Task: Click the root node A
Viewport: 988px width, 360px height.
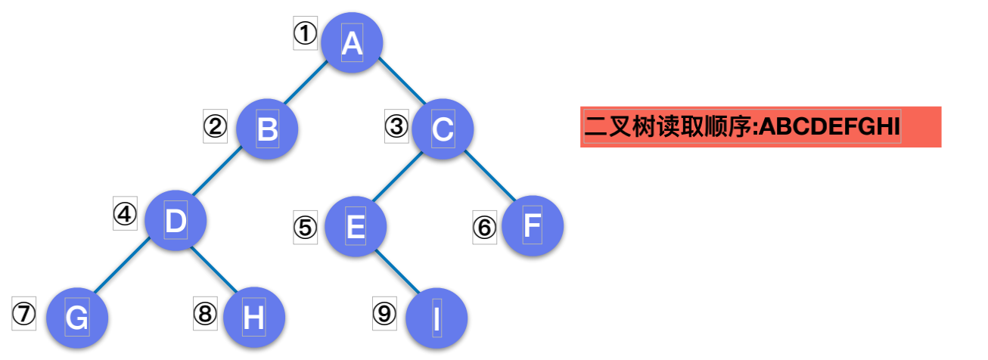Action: click(352, 44)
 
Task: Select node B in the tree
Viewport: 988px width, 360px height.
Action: click(267, 129)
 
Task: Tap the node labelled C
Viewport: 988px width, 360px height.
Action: click(443, 129)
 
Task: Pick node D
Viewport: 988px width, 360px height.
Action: click(176, 221)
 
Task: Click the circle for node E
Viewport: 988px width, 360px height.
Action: click(356, 225)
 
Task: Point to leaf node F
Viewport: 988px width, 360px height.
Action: click(533, 225)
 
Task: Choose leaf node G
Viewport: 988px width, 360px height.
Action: click(76, 318)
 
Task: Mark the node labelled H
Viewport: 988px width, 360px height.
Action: click(254, 318)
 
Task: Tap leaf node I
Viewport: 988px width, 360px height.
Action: click(437, 318)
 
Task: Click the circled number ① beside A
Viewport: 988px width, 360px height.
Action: click(305, 34)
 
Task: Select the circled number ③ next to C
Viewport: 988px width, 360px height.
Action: click(396, 126)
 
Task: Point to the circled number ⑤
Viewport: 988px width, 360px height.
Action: click(305, 227)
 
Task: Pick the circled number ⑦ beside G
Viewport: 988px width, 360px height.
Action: click(23, 313)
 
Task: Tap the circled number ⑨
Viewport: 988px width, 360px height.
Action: click(384, 312)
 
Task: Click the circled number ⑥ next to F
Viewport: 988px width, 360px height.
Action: click(485, 227)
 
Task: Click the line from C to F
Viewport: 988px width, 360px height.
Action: click(489, 176)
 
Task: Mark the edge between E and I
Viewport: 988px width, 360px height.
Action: click(396, 271)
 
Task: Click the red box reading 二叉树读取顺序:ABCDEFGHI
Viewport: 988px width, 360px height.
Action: click(760, 127)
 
